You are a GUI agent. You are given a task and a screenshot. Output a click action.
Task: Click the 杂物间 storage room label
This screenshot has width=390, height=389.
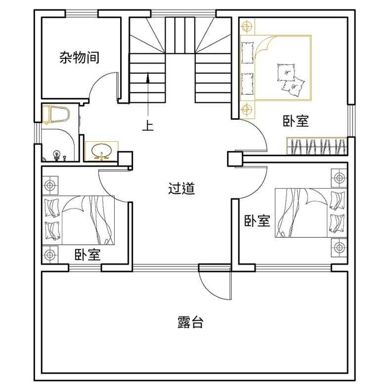[80, 57]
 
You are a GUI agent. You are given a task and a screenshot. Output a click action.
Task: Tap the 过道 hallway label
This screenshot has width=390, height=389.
[181, 188]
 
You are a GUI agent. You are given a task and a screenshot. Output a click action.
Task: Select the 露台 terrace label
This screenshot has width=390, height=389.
[190, 322]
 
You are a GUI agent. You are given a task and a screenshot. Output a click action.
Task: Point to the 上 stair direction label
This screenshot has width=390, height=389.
[148, 126]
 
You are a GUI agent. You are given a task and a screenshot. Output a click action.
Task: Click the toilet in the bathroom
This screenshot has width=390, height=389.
[56, 114]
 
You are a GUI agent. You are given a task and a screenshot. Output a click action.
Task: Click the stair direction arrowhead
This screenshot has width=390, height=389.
[148, 77]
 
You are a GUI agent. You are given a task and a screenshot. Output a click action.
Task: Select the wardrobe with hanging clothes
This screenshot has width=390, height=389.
[317, 146]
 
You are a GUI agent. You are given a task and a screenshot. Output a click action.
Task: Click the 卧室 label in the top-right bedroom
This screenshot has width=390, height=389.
[296, 121]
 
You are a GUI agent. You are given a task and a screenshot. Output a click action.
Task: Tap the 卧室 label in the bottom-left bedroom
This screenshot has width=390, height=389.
[87, 254]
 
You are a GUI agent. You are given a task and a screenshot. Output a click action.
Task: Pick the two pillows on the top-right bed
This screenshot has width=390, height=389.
[291, 79]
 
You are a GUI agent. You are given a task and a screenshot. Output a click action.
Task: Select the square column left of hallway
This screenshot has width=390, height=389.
[125, 159]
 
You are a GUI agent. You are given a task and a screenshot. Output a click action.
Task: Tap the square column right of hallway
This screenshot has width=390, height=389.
[235, 159]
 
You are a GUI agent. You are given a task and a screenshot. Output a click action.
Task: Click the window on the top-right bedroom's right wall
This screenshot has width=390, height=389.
[351, 121]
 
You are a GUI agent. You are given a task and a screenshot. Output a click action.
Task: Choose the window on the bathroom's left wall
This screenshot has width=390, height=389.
[38, 133]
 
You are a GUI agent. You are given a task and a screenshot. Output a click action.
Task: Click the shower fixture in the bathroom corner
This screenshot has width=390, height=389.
[57, 154]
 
